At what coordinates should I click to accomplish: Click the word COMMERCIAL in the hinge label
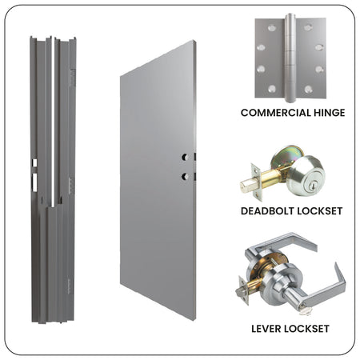[276, 113]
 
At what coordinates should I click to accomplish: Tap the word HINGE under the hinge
[330, 113]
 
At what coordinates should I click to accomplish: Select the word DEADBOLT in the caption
[267, 211]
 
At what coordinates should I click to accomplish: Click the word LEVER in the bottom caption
[268, 329]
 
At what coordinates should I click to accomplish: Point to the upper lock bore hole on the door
[185, 157]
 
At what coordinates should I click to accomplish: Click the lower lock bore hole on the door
[185, 176]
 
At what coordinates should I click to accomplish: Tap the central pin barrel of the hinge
[290, 58]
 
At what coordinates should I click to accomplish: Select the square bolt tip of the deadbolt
[246, 186]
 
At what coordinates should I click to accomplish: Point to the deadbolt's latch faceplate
[256, 182]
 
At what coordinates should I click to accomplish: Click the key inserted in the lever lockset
[305, 311]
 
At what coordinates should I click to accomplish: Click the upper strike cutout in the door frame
[34, 163]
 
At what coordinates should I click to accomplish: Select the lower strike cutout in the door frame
[34, 182]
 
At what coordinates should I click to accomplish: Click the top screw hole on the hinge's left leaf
[271, 27]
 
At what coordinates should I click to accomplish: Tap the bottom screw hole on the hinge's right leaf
[309, 89]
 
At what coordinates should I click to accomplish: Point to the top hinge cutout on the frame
[72, 78]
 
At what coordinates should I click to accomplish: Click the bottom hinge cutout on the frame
[70, 286]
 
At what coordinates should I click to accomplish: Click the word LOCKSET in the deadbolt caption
[320, 211]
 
